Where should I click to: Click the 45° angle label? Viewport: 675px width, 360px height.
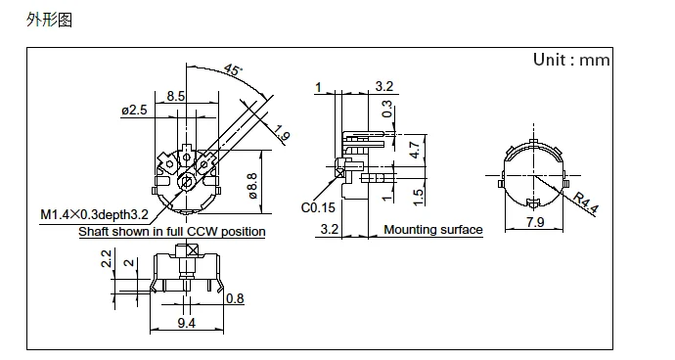tap(234, 69)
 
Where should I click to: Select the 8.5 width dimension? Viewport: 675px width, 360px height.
tap(176, 96)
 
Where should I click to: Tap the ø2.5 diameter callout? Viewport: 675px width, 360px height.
tap(134, 111)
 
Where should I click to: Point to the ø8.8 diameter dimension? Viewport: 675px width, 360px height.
tap(252, 186)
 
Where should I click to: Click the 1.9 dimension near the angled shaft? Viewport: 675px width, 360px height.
tap(282, 133)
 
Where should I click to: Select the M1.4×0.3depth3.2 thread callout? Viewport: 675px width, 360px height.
tap(94, 214)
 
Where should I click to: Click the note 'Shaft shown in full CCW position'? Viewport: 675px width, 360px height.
tap(172, 232)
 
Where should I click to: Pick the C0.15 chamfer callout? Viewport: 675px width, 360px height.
tap(318, 207)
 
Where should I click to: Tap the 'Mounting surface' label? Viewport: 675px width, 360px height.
tap(433, 230)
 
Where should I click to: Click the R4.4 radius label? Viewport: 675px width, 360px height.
tap(586, 202)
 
